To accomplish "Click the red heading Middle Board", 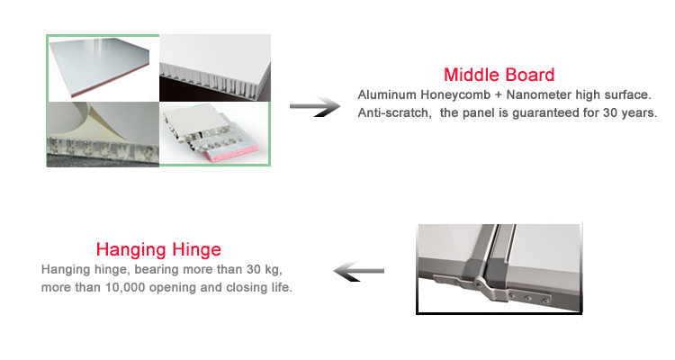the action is click(x=499, y=75).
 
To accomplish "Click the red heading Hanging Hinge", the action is click(x=158, y=250).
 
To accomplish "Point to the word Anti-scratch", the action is click(x=393, y=112).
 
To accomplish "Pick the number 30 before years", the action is click(x=610, y=112).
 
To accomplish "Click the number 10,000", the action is click(x=125, y=288).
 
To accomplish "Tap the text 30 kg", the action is click(x=265, y=270).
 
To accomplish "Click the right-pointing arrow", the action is click(x=315, y=107).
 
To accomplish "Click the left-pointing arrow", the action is click(x=359, y=271).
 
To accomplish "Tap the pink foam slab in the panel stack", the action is click(x=231, y=153).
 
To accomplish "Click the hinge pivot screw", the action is click(x=480, y=283).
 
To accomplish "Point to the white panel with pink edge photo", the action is click(x=103, y=68).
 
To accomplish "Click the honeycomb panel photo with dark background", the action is click(x=215, y=68).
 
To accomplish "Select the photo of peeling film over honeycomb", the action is click(x=103, y=134).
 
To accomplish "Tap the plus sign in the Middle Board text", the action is click(x=499, y=95).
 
